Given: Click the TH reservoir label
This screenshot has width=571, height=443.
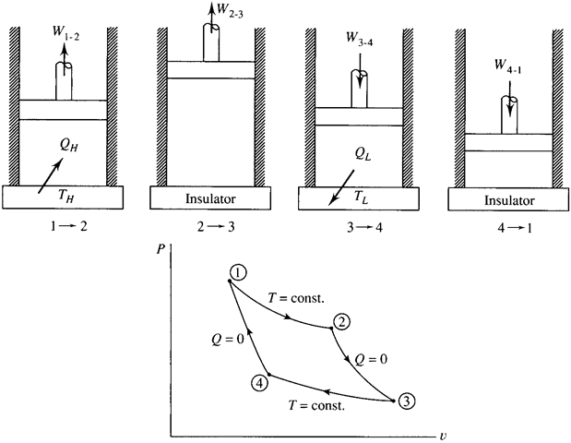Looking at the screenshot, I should tap(66, 196).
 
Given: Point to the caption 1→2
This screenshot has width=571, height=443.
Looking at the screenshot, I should tap(64, 225).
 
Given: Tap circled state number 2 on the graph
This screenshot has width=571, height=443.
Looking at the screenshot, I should tap(341, 321).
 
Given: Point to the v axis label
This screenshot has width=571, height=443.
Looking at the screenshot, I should tap(443, 433).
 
